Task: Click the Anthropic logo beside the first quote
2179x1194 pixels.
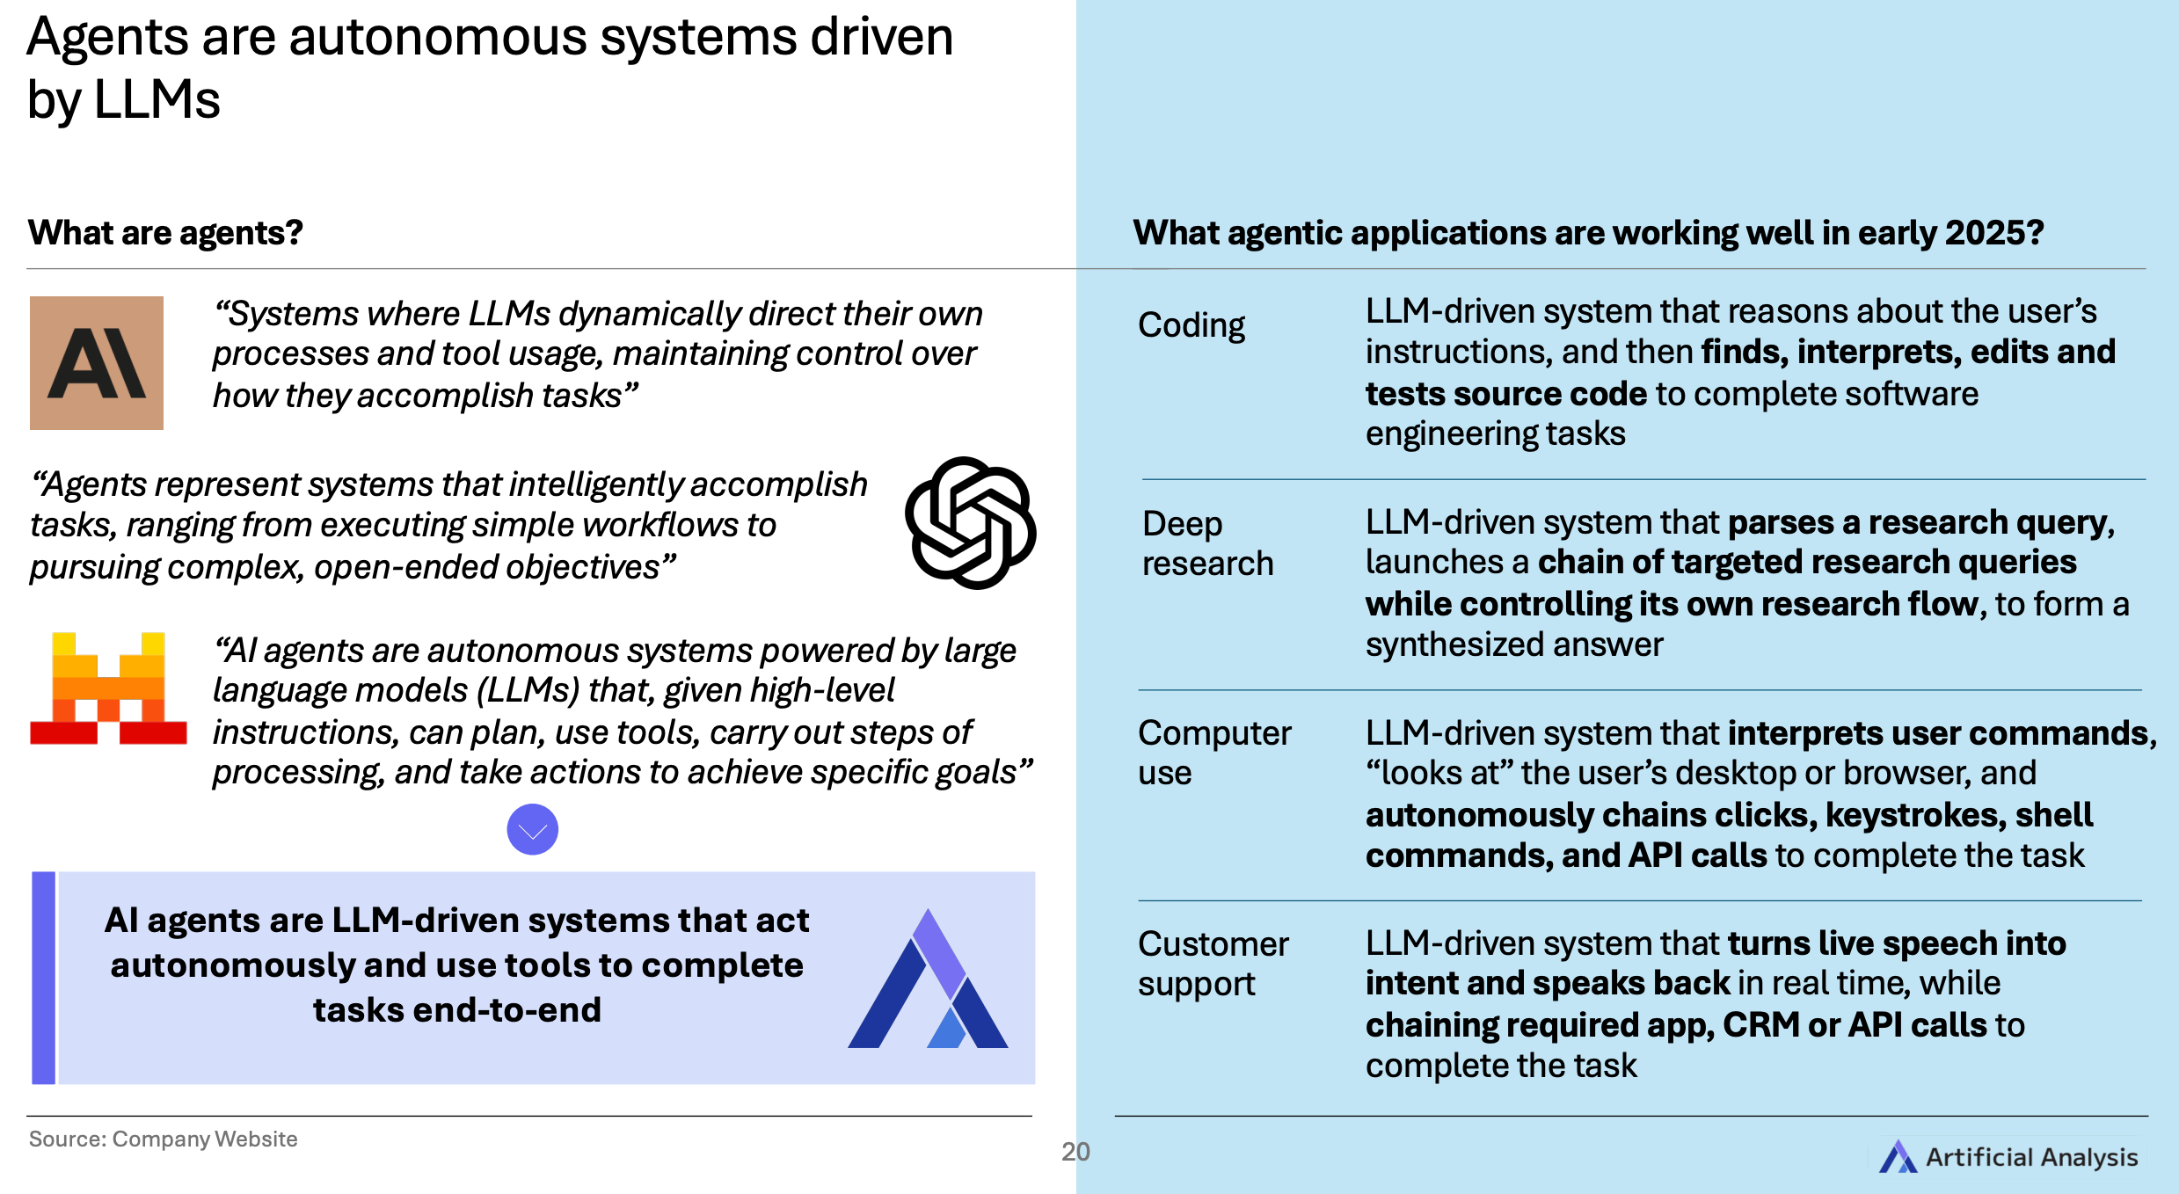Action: click(x=97, y=363)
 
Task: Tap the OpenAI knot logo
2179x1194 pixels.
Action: click(x=970, y=522)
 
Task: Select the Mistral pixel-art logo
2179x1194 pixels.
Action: click(x=108, y=688)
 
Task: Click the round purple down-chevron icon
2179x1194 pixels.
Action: click(x=532, y=829)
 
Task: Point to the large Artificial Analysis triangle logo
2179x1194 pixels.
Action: click(x=928, y=980)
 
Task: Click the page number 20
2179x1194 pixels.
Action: click(x=1075, y=1152)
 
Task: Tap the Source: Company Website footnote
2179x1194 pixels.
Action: click(x=163, y=1139)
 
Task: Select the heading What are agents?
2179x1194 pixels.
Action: click(x=165, y=233)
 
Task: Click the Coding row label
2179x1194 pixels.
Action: click(x=1191, y=325)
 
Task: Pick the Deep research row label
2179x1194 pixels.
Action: click(x=1206, y=543)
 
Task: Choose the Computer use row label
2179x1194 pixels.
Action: click(x=1213, y=753)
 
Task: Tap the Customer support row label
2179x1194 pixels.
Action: click(x=1213, y=964)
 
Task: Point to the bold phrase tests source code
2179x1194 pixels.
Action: click(x=1505, y=394)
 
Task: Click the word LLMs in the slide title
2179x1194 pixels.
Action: click(x=157, y=100)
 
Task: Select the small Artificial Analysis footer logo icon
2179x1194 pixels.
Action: click(x=1897, y=1157)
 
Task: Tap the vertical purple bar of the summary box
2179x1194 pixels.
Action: click(x=44, y=978)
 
